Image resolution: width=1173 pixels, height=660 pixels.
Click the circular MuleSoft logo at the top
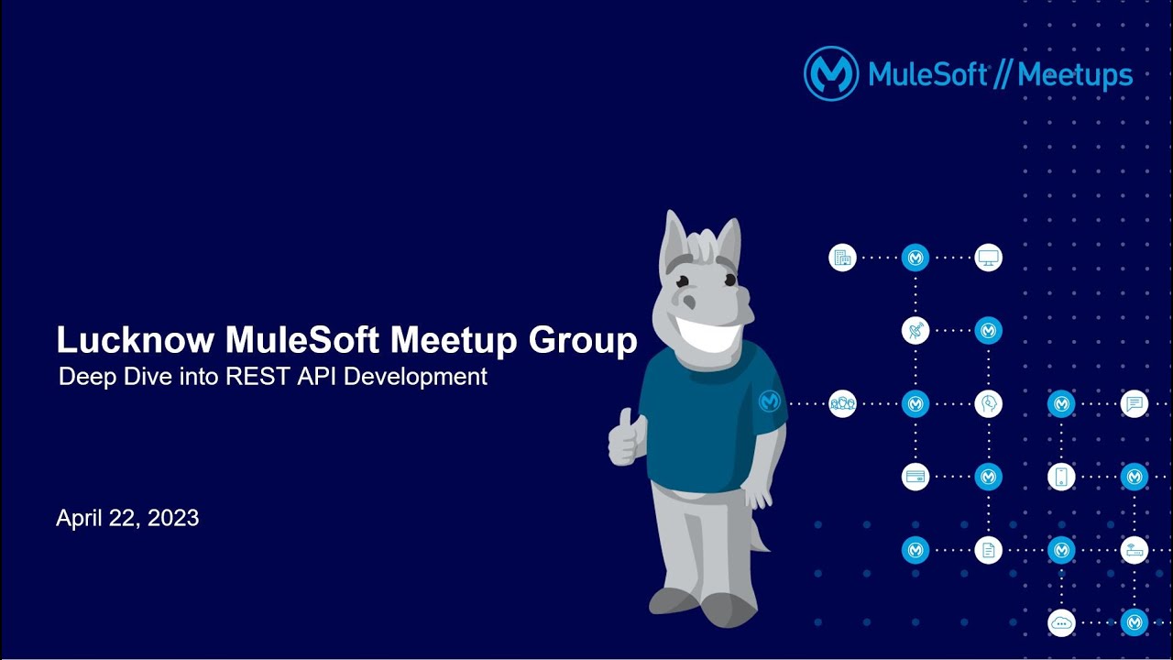coord(830,73)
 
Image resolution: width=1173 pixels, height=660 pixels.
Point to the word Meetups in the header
coord(1075,75)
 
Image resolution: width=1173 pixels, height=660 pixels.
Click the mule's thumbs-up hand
coord(626,439)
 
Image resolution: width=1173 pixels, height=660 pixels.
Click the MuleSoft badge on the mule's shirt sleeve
coord(770,401)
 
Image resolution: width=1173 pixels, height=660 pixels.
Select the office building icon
coord(842,258)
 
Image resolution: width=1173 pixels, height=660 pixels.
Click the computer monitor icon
coord(988,258)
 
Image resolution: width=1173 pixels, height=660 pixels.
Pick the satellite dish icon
coord(915,330)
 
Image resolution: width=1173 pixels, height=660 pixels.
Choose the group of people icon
coord(842,403)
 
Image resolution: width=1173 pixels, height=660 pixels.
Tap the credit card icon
coord(915,477)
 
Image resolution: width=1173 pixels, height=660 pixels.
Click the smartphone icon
coord(1061,477)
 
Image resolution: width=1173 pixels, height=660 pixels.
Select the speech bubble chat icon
coord(1135,403)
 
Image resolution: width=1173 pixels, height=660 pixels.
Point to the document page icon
coord(988,550)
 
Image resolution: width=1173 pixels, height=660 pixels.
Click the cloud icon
coord(1061,622)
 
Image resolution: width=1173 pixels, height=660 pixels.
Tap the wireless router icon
coord(1135,550)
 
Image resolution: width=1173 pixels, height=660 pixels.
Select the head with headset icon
coord(988,403)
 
